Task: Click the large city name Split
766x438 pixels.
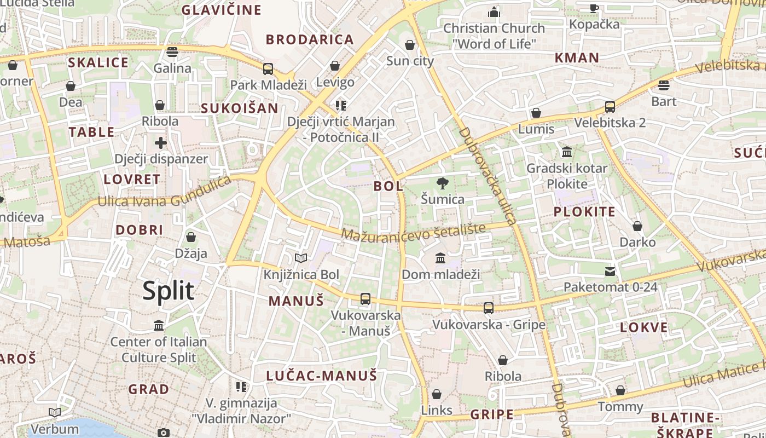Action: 168,291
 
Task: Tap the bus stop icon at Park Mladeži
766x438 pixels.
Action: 268,69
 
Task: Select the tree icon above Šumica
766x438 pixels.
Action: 442,183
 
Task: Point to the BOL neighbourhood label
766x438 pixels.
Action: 388,186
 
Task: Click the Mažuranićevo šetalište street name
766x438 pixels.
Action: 414,232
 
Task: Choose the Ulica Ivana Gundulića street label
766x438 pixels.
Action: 164,193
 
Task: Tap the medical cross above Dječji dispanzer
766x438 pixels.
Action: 160,143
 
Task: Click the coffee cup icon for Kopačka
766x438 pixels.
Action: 594,8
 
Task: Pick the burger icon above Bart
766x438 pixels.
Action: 664,85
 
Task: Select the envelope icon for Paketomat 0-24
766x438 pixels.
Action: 610,272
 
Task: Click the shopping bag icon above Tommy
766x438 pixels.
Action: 620,391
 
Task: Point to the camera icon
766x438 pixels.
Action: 163,433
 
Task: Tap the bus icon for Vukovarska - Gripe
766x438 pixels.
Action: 489,308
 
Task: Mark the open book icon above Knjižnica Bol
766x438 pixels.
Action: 301,258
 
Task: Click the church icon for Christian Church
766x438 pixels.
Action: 494,12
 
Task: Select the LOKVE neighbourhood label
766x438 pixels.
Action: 644,328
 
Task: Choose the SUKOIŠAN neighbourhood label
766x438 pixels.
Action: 240,108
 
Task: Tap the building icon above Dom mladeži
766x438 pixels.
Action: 440,258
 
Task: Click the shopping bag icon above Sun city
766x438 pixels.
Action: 410,45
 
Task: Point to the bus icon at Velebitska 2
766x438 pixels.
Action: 610,107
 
